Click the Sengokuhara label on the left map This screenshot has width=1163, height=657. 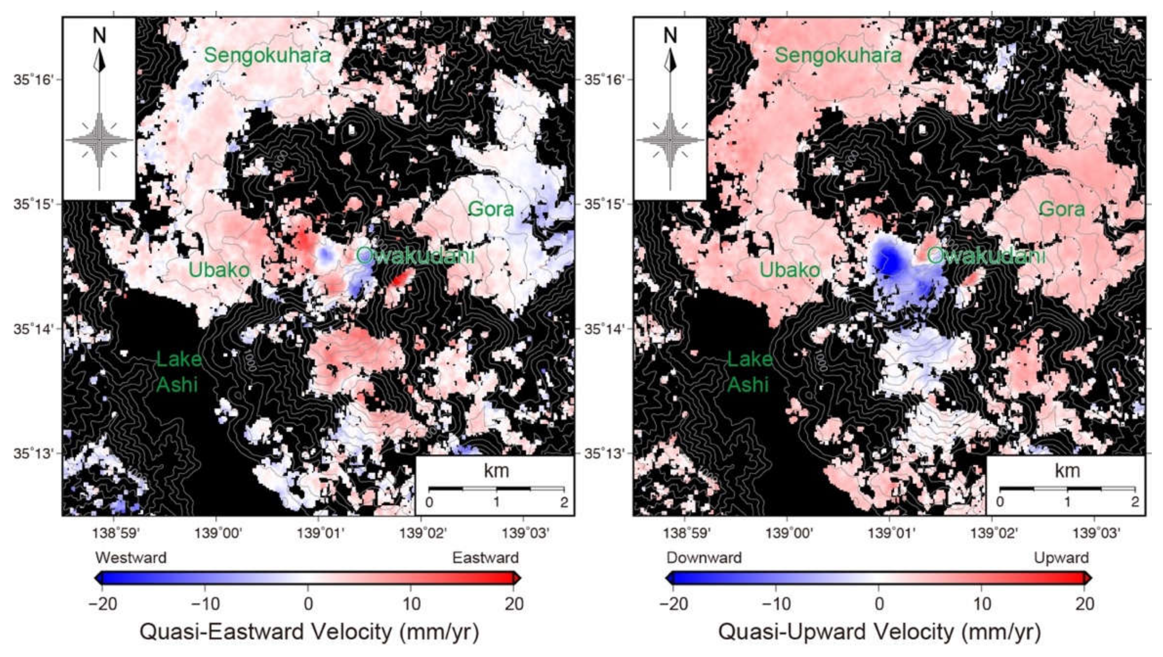point(267,55)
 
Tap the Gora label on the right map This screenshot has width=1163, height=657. point(1062,209)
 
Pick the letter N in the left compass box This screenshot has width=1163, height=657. point(99,36)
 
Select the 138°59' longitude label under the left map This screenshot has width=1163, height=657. point(116,534)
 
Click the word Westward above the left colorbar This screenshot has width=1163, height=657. point(131,558)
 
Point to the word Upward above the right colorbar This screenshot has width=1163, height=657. point(1061,558)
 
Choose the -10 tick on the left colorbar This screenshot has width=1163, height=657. point(205,603)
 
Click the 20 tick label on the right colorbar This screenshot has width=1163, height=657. point(1084,603)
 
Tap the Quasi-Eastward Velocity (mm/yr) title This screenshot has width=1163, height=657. point(309,632)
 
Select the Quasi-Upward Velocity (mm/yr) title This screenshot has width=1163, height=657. point(879,632)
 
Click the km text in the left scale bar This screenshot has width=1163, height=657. point(496,471)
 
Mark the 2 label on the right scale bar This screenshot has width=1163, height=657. point(1135,502)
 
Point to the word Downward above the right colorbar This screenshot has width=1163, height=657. point(704,558)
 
